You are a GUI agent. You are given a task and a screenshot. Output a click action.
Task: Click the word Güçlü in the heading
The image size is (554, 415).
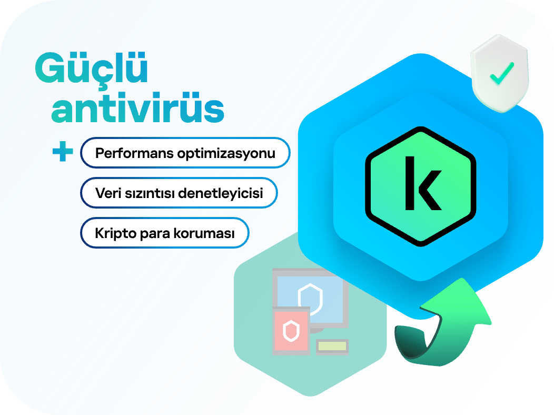[x=91, y=68]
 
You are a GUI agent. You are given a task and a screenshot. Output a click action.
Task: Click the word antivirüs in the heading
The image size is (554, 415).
[x=138, y=107]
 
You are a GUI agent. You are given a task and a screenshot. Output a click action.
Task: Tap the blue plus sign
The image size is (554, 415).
[x=63, y=151]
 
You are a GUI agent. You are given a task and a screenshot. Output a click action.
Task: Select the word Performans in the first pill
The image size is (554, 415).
[x=134, y=153]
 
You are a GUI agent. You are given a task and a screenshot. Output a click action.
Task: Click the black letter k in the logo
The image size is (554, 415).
[x=423, y=183]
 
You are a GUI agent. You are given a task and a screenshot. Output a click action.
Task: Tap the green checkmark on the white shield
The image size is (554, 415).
[x=502, y=73]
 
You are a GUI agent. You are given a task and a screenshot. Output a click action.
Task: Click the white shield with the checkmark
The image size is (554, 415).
[x=500, y=73]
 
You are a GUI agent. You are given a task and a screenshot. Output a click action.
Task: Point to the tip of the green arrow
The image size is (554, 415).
[x=462, y=278]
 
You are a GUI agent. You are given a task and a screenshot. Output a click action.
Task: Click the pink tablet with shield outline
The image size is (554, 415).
[x=292, y=331]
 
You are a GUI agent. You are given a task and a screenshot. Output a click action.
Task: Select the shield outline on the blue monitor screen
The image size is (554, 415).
[x=310, y=299]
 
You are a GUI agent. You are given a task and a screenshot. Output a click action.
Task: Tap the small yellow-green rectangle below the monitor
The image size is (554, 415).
[x=332, y=346]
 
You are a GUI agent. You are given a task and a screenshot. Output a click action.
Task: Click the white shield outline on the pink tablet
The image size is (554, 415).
[x=291, y=331]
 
